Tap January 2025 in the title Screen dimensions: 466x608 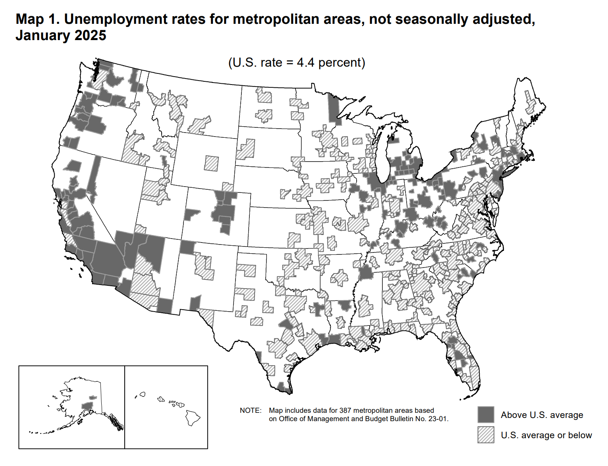pyautogui.click(x=61, y=35)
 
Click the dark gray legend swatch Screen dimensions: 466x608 pyautogui.click(x=486, y=414)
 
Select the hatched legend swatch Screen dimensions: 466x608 pyautogui.click(x=486, y=435)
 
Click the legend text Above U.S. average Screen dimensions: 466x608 pyautogui.click(x=542, y=415)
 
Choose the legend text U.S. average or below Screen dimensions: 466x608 pyautogui.click(x=546, y=435)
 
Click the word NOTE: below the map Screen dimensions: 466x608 pyautogui.click(x=251, y=410)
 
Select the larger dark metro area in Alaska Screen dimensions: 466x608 pyautogui.click(x=87, y=405)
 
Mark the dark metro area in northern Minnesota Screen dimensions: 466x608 pyautogui.click(x=334, y=109)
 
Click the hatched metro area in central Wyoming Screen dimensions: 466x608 pyautogui.click(x=211, y=163)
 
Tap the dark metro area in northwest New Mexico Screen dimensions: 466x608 pyautogui.click(x=187, y=247)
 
